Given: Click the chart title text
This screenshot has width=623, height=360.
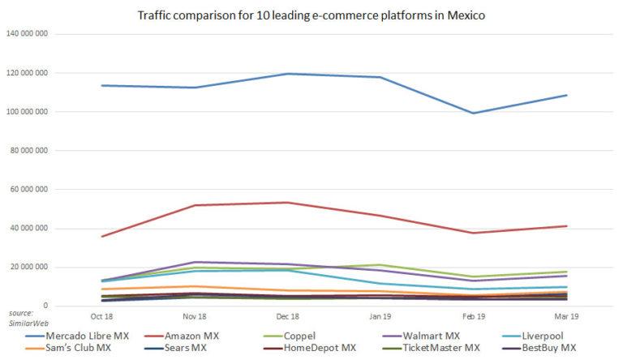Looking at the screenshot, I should (x=311, y=14).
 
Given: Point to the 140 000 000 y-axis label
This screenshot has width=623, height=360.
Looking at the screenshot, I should (x=27, y=34).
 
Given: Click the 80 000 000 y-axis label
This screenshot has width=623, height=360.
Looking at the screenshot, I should (x=29, y=151).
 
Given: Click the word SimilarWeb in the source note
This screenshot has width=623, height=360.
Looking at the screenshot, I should (x=25, y=320).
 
